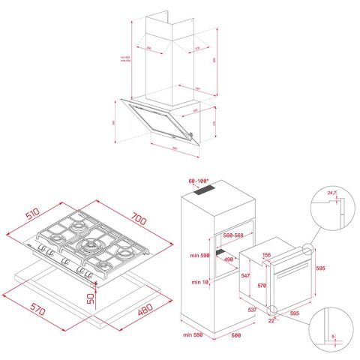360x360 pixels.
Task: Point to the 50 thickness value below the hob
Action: [x=89, y=298]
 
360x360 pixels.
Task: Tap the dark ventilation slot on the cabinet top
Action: [x=207, y=193]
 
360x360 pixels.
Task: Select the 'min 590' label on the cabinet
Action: [x=198, y=256]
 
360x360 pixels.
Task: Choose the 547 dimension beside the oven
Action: [x=244, y=276]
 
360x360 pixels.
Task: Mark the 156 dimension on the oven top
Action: [x=266, y=255]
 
